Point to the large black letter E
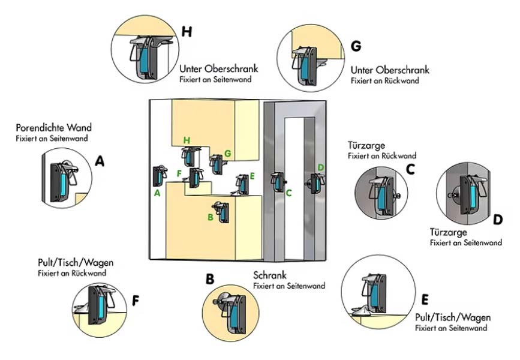coord(425,299)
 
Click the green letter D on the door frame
coord(320,167)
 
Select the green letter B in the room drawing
coord(210,217)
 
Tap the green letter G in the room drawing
coord(227,154)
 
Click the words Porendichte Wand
coord(54,128)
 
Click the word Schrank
coord(270,276)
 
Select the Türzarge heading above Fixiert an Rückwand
coord(366,146)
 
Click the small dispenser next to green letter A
coord(161,176)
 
